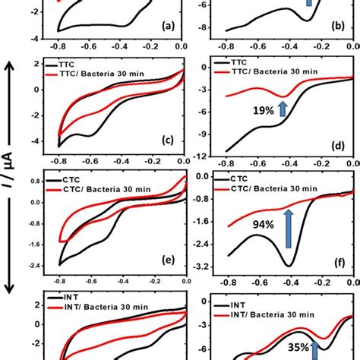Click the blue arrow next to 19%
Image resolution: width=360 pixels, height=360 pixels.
(x=283, y=109)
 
